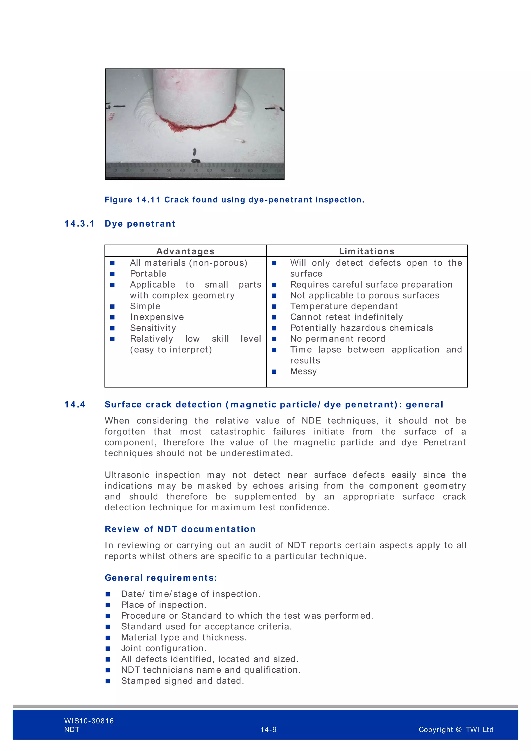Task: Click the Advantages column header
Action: click(x=185, y=251)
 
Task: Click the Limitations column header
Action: click(x=367, y=251)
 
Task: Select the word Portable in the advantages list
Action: click(x=148, y=274)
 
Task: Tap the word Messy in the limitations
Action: click(x=303, y=371)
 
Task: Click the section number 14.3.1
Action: click(x=79, y=224)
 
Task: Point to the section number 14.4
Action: click(x=75, y=405)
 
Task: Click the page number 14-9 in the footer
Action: click(x=268, y=729)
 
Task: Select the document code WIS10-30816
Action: click(x=89, y=721)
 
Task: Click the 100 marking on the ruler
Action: click(x=236, y=170)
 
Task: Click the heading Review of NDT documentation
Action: click(x=180, y=529)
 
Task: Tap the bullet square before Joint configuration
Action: click(x=108, y=648)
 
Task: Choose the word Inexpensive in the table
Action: click(x=157, y=317)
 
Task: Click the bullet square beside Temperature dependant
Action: click(x=274, y=307)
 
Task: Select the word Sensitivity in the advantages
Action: click(x=153, y=328)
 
